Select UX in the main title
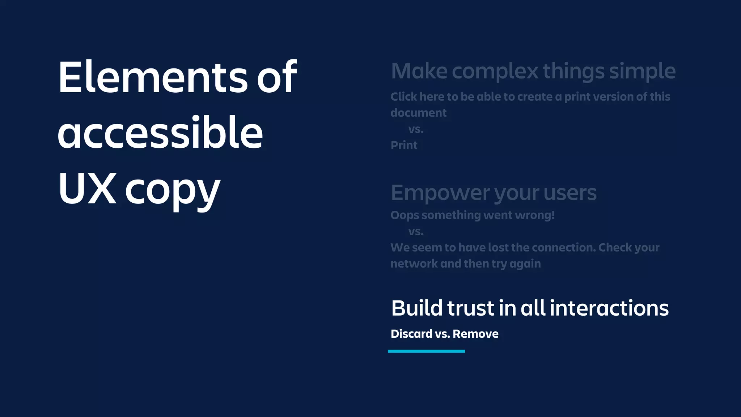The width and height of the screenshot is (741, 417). (87, 188)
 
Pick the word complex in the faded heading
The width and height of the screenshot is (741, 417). (495, 72)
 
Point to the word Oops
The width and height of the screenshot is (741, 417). (405, 215)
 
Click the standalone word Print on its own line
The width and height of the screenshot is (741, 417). (404, 145)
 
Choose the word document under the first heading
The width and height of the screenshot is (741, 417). (419, 113)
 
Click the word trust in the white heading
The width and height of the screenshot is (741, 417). (471, 308)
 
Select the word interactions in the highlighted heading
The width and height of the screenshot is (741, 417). (609, 308)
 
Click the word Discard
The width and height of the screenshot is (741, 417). (411, 334)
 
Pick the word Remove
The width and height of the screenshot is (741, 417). (475, 334)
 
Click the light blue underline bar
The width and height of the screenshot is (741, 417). (426, 351)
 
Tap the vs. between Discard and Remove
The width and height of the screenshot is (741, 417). (443, 334)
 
